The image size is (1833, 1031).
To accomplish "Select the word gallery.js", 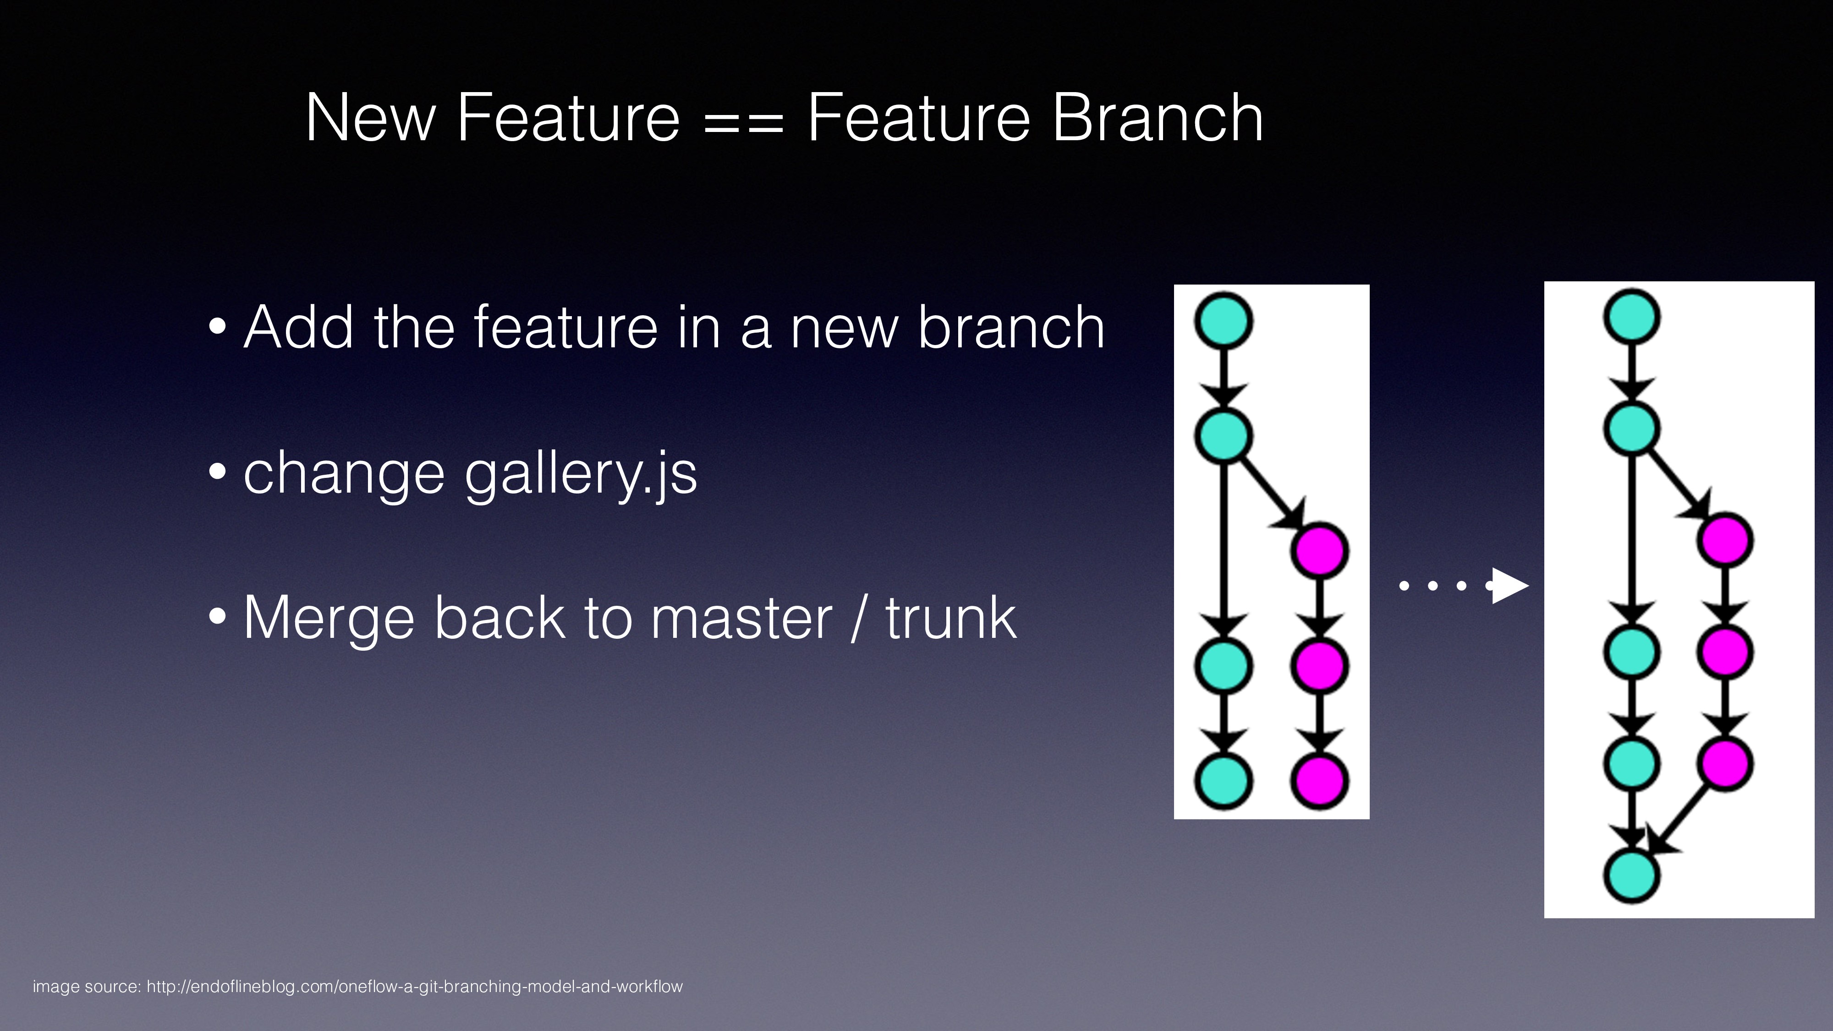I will pyautogui.click(x=581, y=475).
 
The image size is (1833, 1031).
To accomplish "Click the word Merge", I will pyautogui.click(x=329, y=620).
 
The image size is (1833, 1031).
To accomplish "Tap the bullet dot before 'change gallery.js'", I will pyautogui.click(x=218, y=471).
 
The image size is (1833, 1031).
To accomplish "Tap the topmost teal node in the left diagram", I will pyautogui.click(x=1223, y=321).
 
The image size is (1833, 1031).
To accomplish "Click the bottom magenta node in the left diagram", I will pyautogui.click(x=1319, y=780).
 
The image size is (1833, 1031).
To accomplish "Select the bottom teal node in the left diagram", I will pyautogui.click(x=1223, y=780).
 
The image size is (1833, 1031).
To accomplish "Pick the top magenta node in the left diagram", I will pyautogui.click(x=1319, y=550).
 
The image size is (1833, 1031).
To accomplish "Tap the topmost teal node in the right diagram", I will pyautogui.click(x=1632, y=317).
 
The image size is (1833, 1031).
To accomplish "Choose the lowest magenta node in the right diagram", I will pyautogui.click(x=1725, y=763).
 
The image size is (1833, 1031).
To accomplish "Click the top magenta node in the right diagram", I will pyautogui.click(x=1725, y=540).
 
